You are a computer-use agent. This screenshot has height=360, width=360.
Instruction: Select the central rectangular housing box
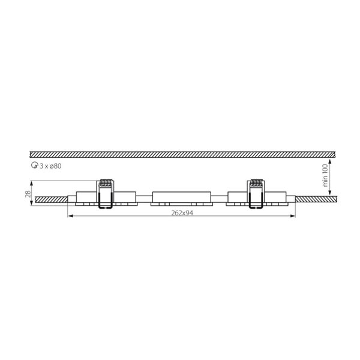[182, 197]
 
